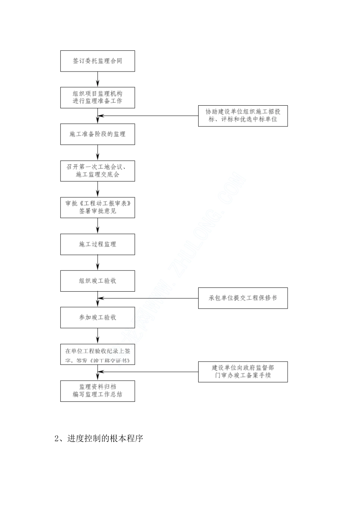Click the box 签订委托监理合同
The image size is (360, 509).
[x=97, y=61]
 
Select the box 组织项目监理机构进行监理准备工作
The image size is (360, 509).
[x=97, y=97]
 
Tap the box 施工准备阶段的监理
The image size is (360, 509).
[x=97, y=134]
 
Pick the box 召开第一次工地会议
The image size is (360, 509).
[x=97, y=170]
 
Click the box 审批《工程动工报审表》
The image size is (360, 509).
[x=97, y=207]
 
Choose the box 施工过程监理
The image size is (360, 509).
[x=97, y=244]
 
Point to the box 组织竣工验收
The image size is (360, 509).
[x=97, y=281]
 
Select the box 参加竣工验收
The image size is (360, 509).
[x=97, y=317]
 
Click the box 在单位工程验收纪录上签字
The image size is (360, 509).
[x=97, y=354]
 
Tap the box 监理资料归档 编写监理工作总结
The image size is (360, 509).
[x=97, y=391]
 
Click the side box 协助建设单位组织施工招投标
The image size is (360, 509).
[x=243, y=116]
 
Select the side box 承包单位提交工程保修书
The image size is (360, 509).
[x=243, y=298]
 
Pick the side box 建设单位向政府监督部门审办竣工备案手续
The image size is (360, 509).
[x=243, y=372]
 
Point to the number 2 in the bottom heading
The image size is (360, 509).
[x=57, y=439]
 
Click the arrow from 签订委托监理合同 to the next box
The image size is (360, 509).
[x=98, y=80]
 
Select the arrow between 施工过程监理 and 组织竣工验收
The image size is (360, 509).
[x=98, y=262]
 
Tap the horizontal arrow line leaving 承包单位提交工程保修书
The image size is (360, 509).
[x=148, y=298]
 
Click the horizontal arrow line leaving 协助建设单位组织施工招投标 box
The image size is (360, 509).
[x=148, y=116]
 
